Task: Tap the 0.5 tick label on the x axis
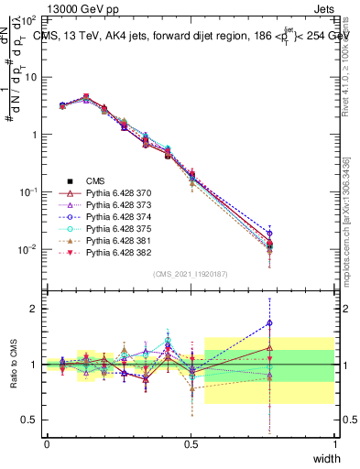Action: pyautogui.click(x=191, y=443)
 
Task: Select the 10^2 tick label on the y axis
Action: pyautogui.click(x=27, y=19)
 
